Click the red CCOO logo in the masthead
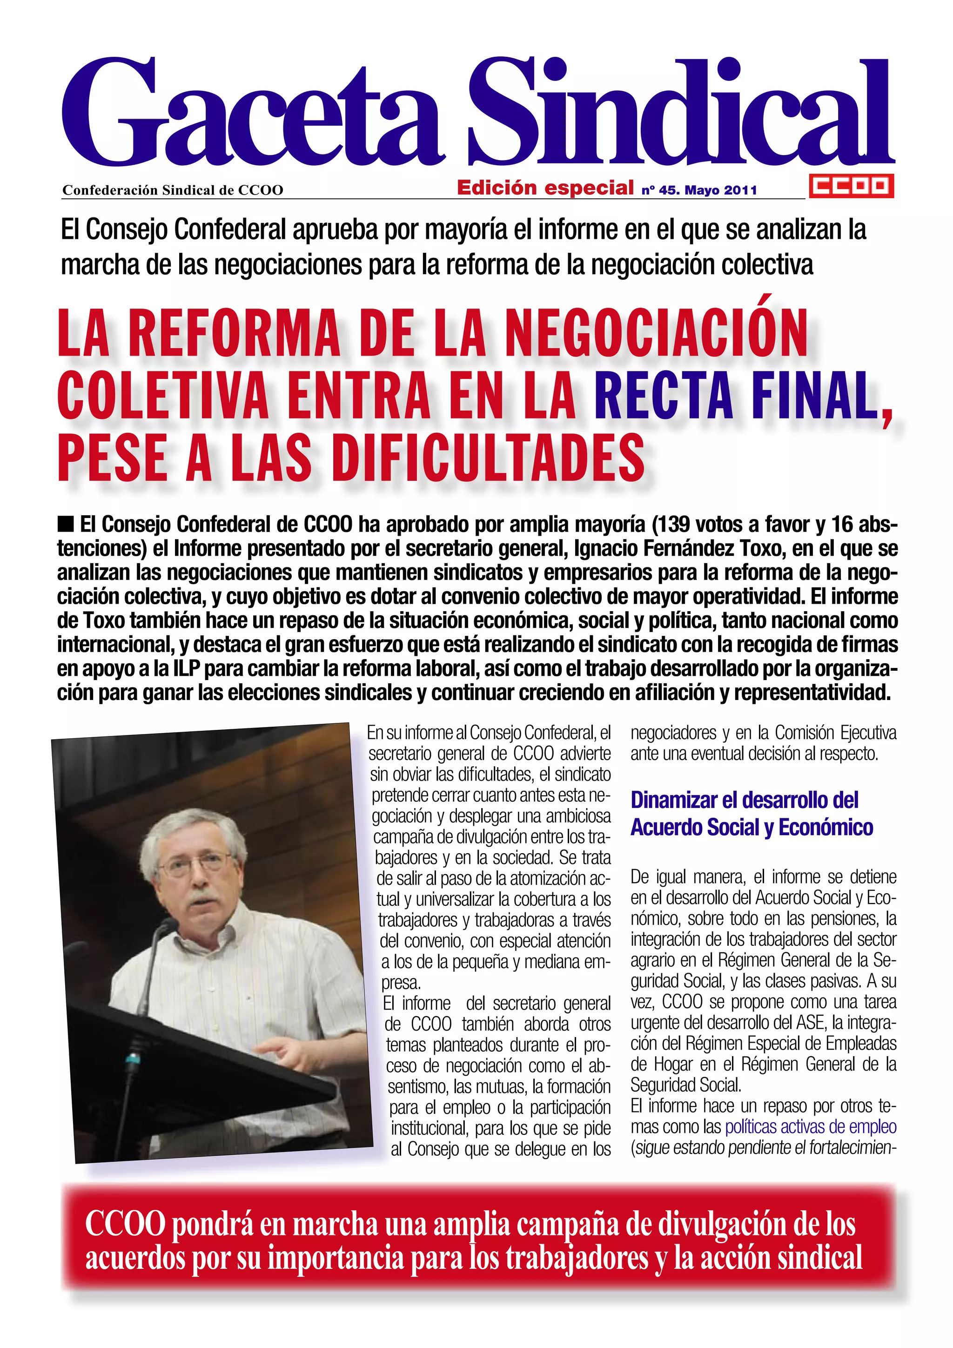(851, 186)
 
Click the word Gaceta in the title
(252, 115)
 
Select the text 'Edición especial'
(545, 188)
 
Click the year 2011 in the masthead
(740, 190)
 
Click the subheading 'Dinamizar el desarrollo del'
(744, 800)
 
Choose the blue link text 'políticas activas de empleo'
(811, 1126)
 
